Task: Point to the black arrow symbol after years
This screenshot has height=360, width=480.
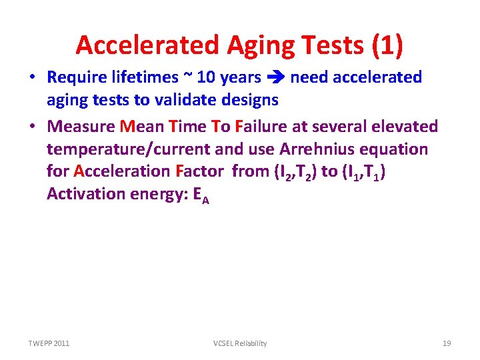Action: (x=275, y=78)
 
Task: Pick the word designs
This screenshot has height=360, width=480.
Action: (x=251, y=99)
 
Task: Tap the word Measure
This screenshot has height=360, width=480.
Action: (x=81, y=126)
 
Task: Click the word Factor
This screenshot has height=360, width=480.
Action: (x=199, y=171)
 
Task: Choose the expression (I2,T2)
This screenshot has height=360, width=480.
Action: (x=295, y=171)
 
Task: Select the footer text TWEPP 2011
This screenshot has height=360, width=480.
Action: (x=49, y=343)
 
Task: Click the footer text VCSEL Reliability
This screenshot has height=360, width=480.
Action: (x=240, y=343)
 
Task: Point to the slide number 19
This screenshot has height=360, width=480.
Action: (x=447, y=343)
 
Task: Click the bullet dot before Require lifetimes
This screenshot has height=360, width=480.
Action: (x=33, y=77)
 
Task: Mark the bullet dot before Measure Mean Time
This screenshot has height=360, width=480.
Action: (x=33, y=126)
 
